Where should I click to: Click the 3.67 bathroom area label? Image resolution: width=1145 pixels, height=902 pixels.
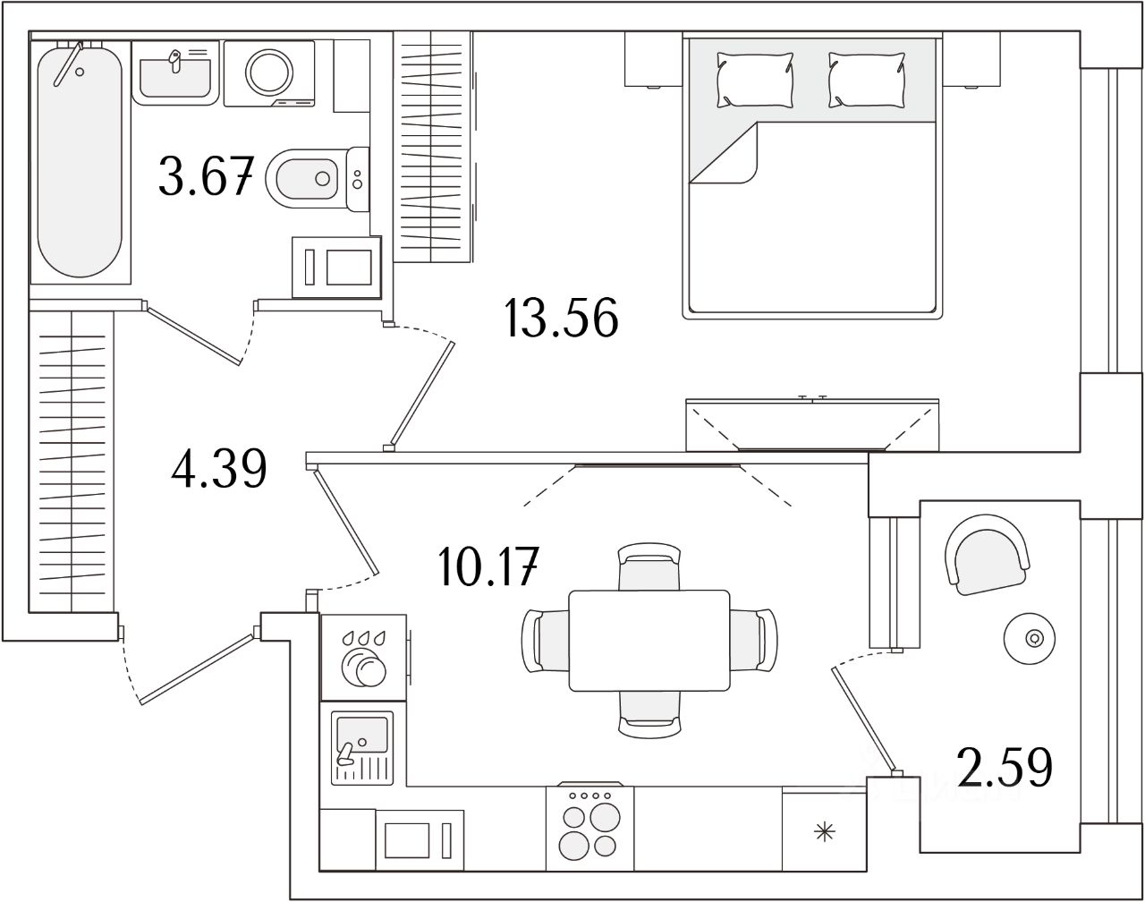[x=205, y=175]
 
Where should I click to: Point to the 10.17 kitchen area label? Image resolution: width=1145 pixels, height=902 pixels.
[x=488, y=567]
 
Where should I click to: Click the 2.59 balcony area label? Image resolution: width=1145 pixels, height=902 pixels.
[x=1004, y=767]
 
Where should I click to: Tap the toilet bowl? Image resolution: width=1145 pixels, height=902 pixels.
[x=309, y=179]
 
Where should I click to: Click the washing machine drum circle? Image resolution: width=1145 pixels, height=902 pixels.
[x=270, y=72]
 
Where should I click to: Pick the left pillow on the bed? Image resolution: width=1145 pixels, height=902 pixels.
[x=754, y=80]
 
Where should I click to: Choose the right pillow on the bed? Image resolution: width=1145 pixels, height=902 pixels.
[x=866, y=80]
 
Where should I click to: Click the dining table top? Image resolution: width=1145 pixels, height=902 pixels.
[x=649, y=640]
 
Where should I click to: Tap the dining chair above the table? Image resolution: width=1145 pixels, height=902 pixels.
[x=649, y=566]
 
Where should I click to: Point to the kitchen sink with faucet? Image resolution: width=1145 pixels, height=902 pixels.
[x=362, y=746]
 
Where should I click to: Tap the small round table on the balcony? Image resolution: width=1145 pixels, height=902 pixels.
[x=1034, y=638]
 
